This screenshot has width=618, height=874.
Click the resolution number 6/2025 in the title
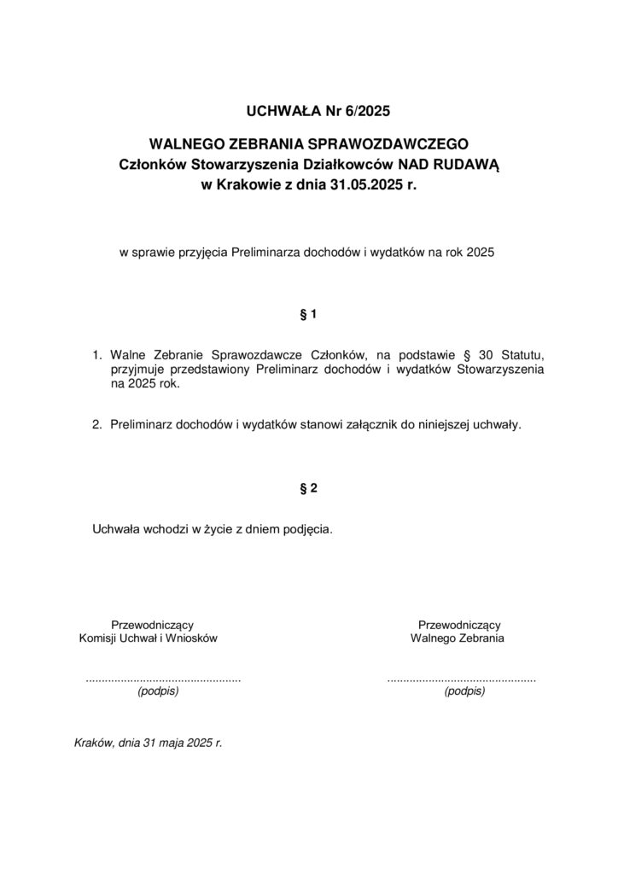pyautogui.click(x=368, y=110)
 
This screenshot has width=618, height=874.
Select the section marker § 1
pyautogui.click(x=309, y=314)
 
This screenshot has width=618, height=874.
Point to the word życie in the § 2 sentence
pyautogui.click(x=204, y=529)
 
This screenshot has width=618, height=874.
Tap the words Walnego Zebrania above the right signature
pyautogui.click(x=458, y=638)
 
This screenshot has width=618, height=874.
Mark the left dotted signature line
pyautogui.click(x=163, y=679)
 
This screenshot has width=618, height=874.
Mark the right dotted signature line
pyautogui.click(x=461, y=679)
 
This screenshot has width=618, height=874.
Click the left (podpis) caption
pyautogui.click(x=158, y=692)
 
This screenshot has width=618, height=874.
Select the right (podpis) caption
pyautogui.click(x=464, y=692)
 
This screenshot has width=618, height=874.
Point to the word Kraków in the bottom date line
pyautogui.click(x=94, y=743)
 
